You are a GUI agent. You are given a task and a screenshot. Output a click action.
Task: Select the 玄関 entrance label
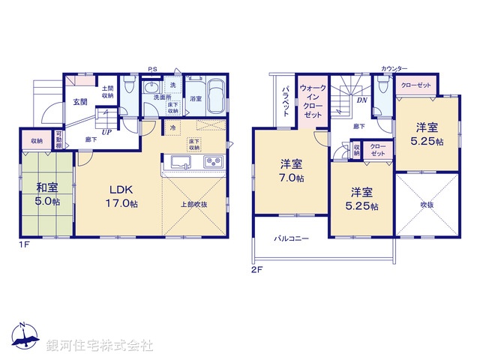[x=80, y=102]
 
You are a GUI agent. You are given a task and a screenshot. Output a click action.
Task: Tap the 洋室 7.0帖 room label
[x=292, y=171]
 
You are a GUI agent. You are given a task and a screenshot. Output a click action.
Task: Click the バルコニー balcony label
[x=292, y=237]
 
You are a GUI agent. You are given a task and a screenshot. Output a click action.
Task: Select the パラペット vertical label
[x=286, y=100]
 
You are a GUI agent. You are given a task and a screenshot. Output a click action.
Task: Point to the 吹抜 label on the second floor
[x=427, y=204]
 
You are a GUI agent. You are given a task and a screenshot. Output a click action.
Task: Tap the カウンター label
[x=394, y=68]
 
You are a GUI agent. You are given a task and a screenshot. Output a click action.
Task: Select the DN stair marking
[x=361, y=100]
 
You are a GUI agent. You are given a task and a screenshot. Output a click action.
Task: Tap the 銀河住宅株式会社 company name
[x=99, y=346]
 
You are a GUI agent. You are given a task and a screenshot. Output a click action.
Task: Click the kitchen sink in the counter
[x=179, y=162]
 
